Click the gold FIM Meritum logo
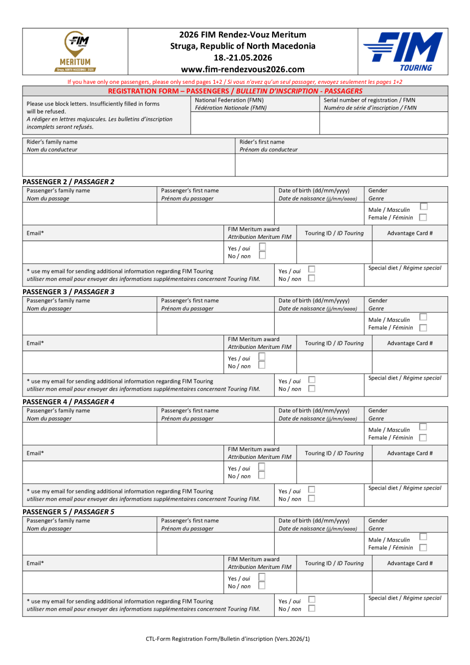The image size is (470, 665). point(75,51)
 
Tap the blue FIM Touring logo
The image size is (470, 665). point(402,52)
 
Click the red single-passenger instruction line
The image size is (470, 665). point(235,82)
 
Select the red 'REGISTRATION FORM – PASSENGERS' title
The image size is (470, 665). point(235,91)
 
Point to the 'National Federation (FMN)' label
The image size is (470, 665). point(229,100)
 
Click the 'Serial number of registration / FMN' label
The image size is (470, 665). point(369,100)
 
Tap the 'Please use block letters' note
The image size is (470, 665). point(93,104)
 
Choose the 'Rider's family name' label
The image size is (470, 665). point(52,142)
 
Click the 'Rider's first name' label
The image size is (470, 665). point(262,142)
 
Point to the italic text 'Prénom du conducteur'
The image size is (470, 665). point(268,150)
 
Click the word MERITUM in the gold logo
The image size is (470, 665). point(75,62)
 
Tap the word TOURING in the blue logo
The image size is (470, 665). point(415,68)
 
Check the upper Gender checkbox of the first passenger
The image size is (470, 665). point(423,207)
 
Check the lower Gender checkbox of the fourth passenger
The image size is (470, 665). point(423,548)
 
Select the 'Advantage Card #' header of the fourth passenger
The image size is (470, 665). point(410,563)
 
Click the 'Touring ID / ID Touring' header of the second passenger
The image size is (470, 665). point(334,343)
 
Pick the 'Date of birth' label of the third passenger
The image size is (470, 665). point(314,410)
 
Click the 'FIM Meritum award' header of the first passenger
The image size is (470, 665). point(254,229)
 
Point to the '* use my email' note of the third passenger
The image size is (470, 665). point(120,491)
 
